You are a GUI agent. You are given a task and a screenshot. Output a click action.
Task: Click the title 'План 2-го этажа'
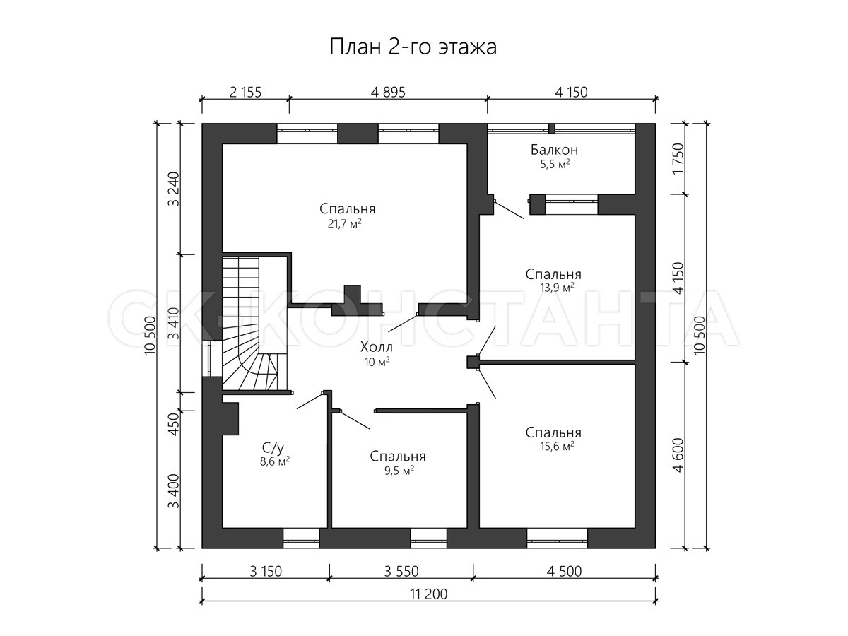pos(413,47)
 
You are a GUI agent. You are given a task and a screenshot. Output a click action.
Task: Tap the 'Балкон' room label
pos(555,149)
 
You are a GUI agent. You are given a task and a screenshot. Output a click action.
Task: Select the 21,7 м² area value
pos(345,223)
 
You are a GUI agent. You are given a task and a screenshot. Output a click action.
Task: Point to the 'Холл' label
pos(376,347)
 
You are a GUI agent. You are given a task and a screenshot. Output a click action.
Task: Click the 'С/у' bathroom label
pos(273,448)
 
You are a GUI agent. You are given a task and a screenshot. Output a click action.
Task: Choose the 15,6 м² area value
pos(557,447)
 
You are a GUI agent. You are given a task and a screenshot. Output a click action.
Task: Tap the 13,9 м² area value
pos(557,288)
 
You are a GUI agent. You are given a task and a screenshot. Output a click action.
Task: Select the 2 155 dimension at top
pos(245,93)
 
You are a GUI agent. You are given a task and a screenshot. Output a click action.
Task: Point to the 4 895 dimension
pos(388,93)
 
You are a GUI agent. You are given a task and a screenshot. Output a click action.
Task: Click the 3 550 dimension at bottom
pos(401,572)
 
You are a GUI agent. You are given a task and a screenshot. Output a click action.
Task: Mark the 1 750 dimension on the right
pos(678,159)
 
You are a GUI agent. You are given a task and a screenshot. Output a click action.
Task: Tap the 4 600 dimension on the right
pos(678,455)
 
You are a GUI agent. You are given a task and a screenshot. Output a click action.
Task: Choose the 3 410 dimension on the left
pos(175,324)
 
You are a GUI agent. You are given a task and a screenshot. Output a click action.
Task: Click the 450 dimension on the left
pos(175,424)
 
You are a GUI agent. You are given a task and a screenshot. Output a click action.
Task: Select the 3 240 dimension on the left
pos(175,189)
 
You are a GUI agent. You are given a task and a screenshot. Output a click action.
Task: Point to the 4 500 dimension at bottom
pos(564,572)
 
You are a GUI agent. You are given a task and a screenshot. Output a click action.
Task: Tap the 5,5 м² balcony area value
pos(555,165)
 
